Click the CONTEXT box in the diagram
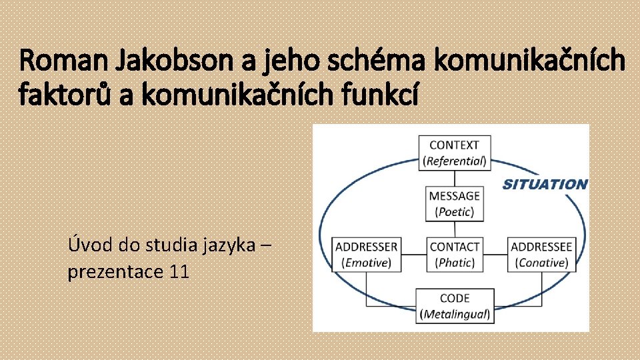tap(455, 152)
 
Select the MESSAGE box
tap(455, 203)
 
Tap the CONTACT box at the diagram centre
tap(455, 254)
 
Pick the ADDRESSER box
tap(366, 254)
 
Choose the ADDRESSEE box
tap(541, 254)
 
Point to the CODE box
tap(455, 305)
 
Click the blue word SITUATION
tap(544, 184)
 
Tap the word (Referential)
tap(455, 161)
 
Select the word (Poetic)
tap(455, 212)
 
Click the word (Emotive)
tap(366, 263)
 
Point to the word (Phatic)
tap(455, 263)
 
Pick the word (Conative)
tap(541, 263)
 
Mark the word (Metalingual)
tap(455, 314)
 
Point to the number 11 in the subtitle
tap(179, 272)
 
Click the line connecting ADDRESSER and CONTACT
tap(414, 254)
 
